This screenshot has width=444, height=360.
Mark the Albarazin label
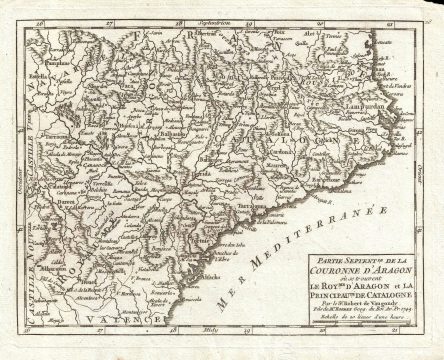point(62,268)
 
